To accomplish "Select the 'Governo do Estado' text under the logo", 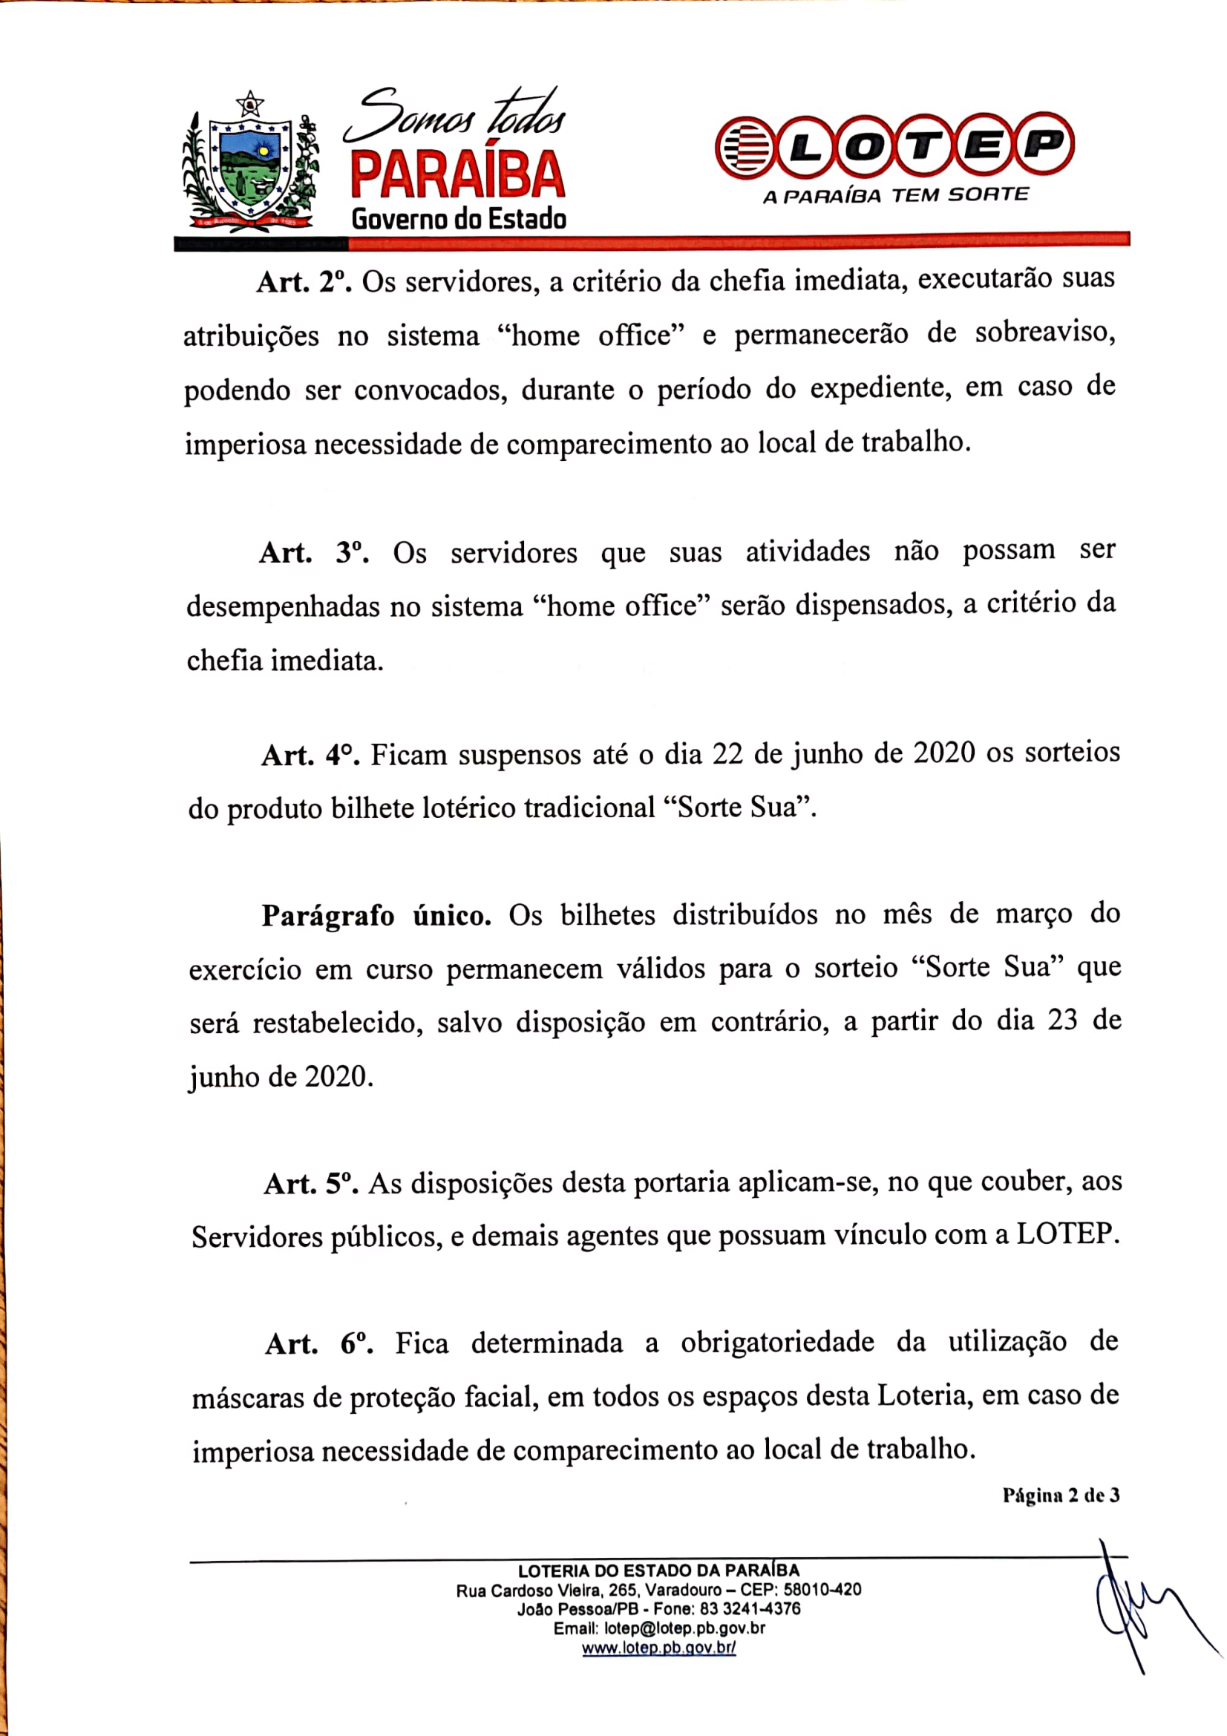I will click(459, 219).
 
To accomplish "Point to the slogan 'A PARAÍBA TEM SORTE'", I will click(895, 196).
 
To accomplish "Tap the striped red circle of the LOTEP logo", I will click(745, 147).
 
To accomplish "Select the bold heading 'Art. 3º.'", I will click(314, 553).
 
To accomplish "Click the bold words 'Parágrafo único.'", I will click(376, 917).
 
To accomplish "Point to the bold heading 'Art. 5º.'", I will click(311, 1184).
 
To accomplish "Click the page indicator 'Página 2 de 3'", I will click(1061, 1496).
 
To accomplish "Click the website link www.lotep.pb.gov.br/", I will click(658, 1648).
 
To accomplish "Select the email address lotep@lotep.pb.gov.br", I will click(684, 1628).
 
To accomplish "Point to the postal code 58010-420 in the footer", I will click(822, 1590).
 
